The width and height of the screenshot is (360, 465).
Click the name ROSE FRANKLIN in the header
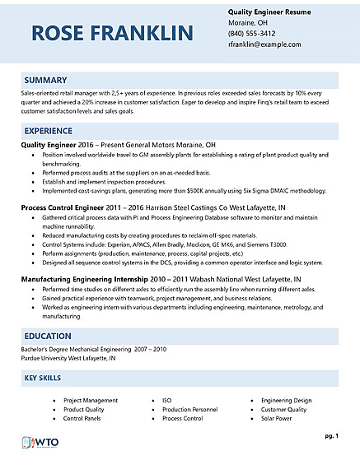click(113, 33)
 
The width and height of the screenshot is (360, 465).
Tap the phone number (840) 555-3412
click(252, 34)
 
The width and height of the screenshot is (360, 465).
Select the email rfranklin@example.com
click(264, 44)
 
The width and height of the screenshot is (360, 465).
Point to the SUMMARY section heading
click(46, 80)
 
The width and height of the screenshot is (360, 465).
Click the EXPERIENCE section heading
click(52, 131)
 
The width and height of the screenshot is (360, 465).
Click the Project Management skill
click(91, 399)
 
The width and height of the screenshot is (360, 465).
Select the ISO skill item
click(166, 399)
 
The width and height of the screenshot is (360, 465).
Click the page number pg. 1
click(330, 435)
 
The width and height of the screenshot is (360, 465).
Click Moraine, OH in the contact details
click(250, 23)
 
